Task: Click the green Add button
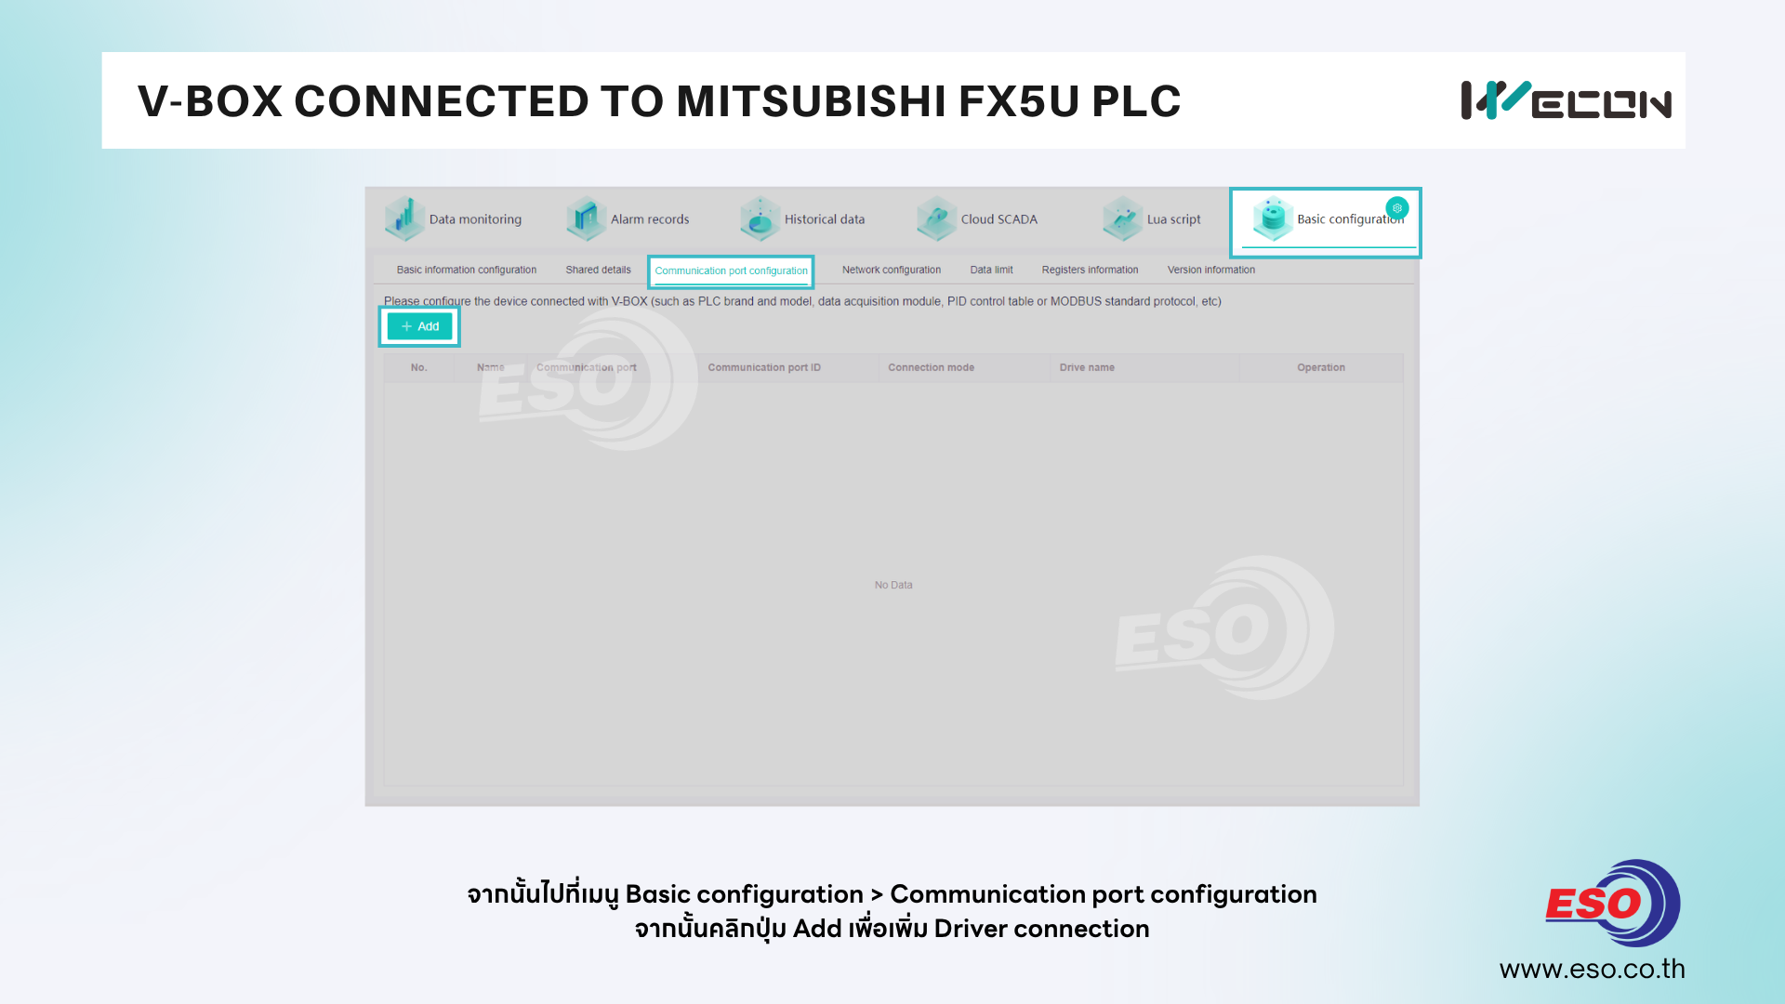tap(419, 326)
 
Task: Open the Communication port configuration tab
tap(731, 271)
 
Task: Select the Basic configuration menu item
tap(1329, 219)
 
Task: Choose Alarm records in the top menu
tap(628, 219)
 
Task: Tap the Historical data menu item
tap(802, 219)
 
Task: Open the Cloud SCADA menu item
tap(977, 219)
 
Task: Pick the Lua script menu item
tap(1152, 219)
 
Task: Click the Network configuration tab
tap(892, 270)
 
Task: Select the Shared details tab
tap(598, 270)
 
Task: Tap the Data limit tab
tap(991, 270)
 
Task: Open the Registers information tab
tap(1090, 270)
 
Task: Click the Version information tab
tap(1210, 270)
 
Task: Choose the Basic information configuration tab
tap(466, 270)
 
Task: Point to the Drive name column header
tap(1087, 367)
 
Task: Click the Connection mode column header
tap(931, 367)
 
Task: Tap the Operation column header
tap(1320, 367)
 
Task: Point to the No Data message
tap(893, 585)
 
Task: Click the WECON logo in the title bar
tap(1566, 100)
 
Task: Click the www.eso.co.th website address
tap(1592, 969)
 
